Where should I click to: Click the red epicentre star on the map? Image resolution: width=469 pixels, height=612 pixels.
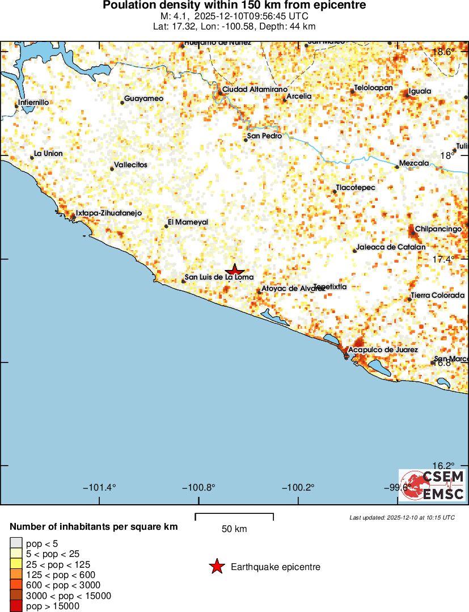click(235, 271)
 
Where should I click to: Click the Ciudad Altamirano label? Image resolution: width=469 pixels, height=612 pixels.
click(255, 90)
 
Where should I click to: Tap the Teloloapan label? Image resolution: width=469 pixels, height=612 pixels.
click(373, 88)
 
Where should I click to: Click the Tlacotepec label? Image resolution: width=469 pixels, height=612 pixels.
click(356, 188)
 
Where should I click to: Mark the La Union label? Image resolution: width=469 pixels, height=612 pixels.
click(48, 154)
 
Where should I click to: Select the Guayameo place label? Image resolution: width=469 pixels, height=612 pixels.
click(143, 99)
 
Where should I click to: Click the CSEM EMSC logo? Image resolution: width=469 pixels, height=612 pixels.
click(432, 485)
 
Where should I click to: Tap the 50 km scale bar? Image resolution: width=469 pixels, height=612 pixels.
click(234, 516)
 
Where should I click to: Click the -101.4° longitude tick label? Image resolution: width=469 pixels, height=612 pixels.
click(99, 488)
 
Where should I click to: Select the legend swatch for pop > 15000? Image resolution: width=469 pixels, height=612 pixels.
click(16, 606)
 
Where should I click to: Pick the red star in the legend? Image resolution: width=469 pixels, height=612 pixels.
click(216, 567)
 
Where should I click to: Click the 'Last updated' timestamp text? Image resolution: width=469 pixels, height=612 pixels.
click(402, 517)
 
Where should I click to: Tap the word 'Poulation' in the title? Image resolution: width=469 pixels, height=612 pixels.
click(127, 6)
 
